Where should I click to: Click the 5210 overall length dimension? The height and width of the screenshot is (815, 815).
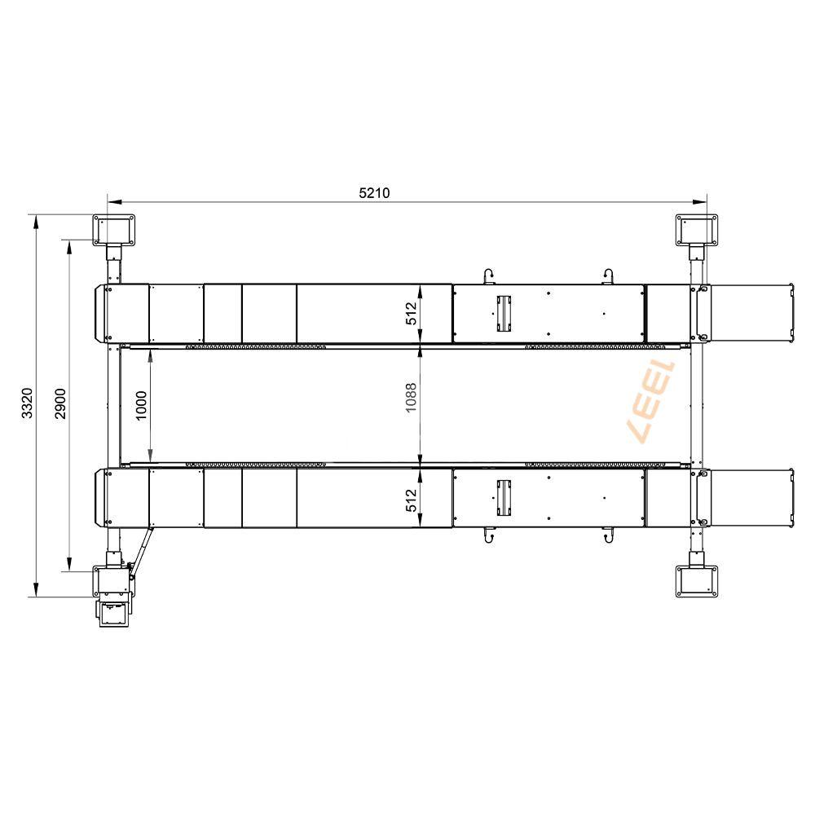pyautogui.click(x=374, y=193)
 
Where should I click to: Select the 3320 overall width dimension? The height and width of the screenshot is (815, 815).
pyautogui.click(x=27, y=403)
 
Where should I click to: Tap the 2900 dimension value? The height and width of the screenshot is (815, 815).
pyautogui.click(x=60, y=403)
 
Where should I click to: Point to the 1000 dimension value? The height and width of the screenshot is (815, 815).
pyautogui.click(x=141, y=406)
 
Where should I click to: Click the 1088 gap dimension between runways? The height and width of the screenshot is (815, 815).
pyautogui.click(x=411, y=398)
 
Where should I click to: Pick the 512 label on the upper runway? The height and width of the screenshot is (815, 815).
pyautogui.click(x=411, y=314)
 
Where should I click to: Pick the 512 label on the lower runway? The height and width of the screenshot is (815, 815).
pyautogui.click(x=411, y=500)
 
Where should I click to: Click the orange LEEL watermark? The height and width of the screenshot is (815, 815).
pyautogui.click(x=652, y=401)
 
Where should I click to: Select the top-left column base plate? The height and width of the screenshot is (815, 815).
pyautogui.click(x=114, y=230)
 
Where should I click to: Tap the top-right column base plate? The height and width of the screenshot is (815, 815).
pyautogui.click(x=697, y=230)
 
